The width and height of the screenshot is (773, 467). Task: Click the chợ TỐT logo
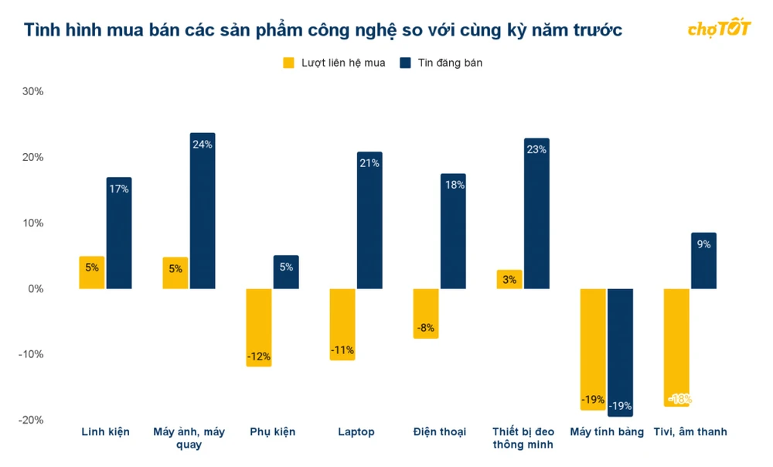click(x=719, y=29)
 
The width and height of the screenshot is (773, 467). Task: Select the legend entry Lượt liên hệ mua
click(x=334, y=63)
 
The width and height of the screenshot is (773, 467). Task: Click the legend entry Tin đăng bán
click(x=441, y=63)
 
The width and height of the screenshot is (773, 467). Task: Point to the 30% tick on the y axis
click(x=32, y=91)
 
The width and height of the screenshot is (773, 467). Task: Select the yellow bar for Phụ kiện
click(x=259, y=327)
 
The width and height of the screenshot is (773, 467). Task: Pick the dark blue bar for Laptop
click(x=369, y=220)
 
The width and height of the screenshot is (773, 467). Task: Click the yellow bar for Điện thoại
click(x=425, y=313)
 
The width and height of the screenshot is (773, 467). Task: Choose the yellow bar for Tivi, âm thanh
click(x=677, y=347)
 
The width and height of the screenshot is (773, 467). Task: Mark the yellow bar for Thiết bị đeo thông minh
click(x=509, y=279)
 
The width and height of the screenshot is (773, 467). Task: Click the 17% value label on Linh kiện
click(x=119, y=189)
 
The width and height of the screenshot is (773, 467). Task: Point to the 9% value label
click(x=703, y=244)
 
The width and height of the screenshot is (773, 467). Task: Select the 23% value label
click(x=536, y=150)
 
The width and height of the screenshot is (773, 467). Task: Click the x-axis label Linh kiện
click(x=106, y=431)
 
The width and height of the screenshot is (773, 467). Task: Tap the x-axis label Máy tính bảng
click(x=607, y=431)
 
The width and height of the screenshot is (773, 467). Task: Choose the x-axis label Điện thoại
click(x=440, y=431)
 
